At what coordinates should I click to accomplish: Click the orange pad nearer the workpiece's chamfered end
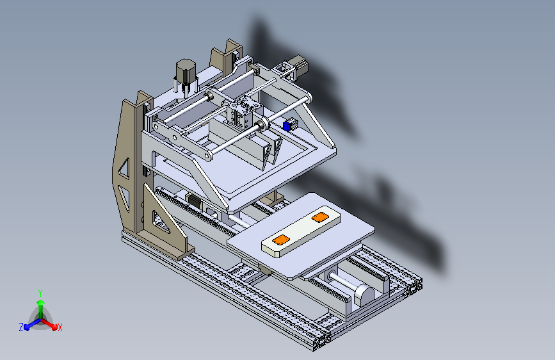[x=280, y=240]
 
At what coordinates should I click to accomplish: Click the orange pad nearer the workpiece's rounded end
[x=320, y=217]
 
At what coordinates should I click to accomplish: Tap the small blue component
[x=287, y=126]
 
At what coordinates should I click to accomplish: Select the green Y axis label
[x=40, y=293]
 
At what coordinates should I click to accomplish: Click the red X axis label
[x=60, y=327]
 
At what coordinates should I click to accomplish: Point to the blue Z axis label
[x=21, y=327]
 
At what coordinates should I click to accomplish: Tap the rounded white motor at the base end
[x=364, y=295]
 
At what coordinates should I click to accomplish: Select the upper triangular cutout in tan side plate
[x=124, y=168]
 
